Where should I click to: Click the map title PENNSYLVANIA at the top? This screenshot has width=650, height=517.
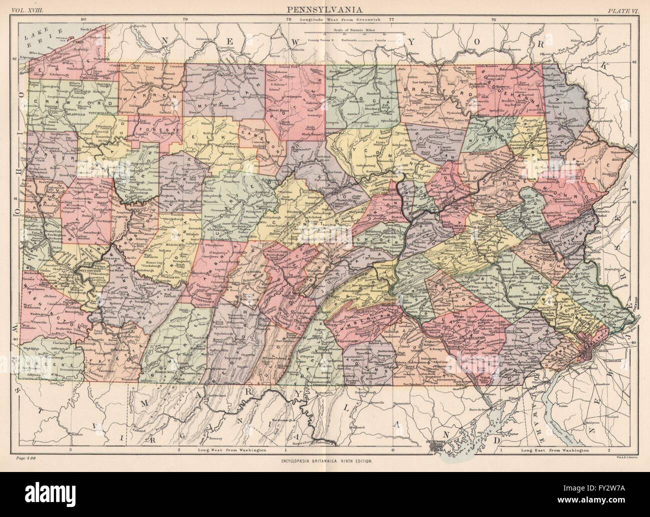pyautogui.click(x=325, y=8)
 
